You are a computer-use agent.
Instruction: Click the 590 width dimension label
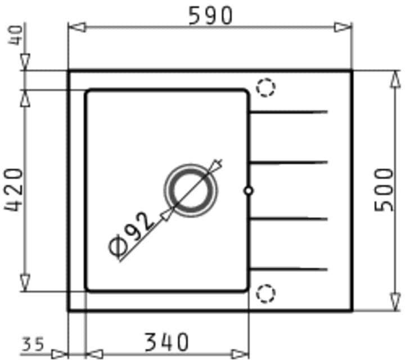coord(211,16)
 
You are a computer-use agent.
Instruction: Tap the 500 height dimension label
coord(384,190)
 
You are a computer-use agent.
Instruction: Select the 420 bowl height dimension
coord(13,190)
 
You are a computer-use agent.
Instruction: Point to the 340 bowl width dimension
coord(166,343)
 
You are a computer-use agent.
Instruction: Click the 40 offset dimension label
coord(16,35)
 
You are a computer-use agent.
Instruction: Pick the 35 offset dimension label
coord(33,344)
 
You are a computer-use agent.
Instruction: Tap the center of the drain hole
coord(191,190)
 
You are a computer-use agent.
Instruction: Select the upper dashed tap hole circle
coord(265,87)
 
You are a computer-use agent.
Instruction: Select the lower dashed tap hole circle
coord(265,294)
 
